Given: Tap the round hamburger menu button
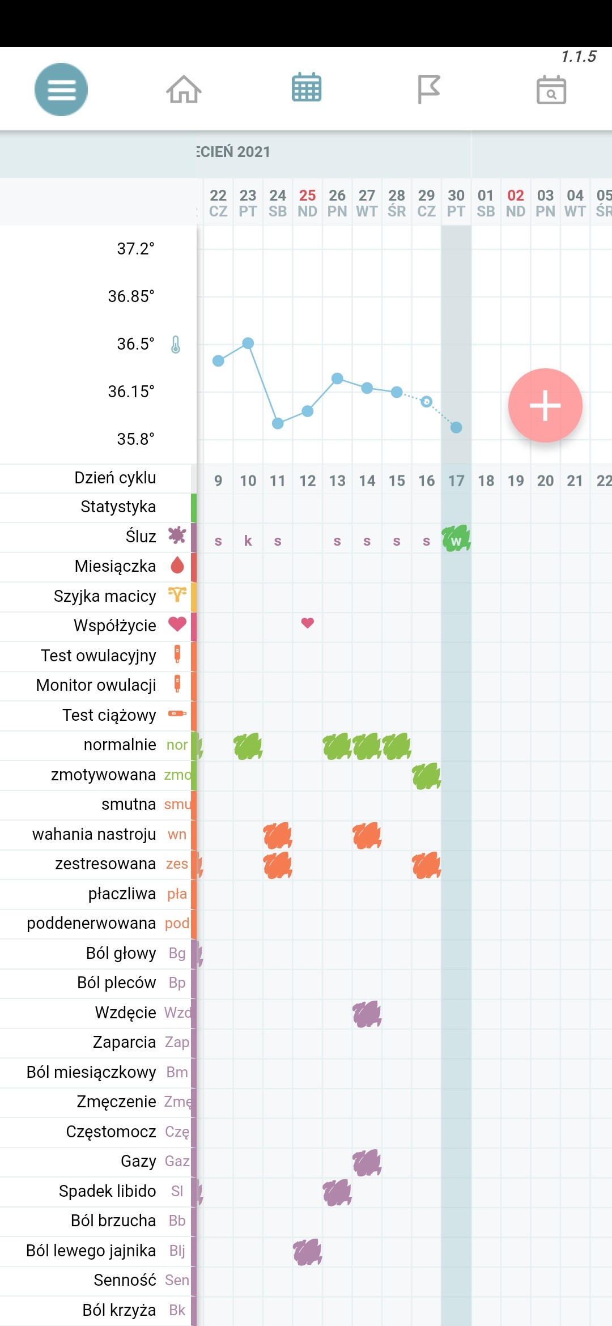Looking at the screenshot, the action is [x=61, y=90].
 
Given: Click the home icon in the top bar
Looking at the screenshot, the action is [x=184, y=89].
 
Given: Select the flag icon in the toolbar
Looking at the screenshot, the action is [x=428, y=89].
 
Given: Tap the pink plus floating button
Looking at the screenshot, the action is [x=545, y=405].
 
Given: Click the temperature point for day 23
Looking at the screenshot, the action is [x=248, y=343].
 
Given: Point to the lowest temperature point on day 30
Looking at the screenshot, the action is [x=456, y=427].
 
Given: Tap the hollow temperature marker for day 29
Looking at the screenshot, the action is [x=427, y=402].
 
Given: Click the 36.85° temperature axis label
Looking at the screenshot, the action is [x=131, y=296].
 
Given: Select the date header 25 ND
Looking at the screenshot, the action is [x=308, y=203].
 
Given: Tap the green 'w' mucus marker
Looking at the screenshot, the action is [x=456, y=539].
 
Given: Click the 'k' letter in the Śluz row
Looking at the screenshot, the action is [x=248, y=541].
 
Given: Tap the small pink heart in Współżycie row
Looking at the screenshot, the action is [x=308, y=623].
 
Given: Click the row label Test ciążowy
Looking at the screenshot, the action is [x=109, y=715].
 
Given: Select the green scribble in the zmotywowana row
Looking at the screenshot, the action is [x=427, y=776].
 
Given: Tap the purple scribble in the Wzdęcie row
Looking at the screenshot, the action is [x=367, y=1014].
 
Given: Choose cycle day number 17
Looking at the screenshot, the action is [x=456, y=481].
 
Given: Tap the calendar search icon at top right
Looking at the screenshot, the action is [x=551, y=90].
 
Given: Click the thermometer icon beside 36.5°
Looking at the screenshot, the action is [x=176, y=344].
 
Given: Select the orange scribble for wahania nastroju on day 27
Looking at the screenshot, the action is [x=367, y=835].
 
